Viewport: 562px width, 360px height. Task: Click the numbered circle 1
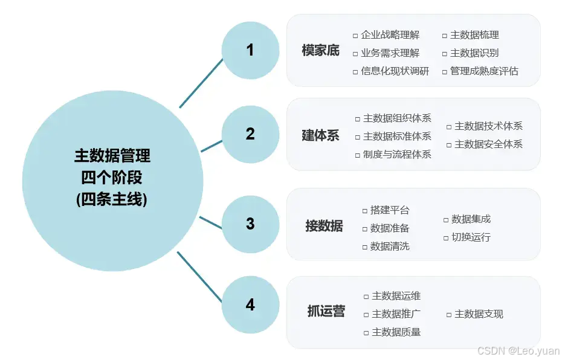250,50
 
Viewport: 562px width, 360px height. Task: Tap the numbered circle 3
250,224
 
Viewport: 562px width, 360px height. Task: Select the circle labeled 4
250,306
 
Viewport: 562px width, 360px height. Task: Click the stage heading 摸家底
321,51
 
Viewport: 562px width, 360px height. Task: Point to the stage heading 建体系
321,135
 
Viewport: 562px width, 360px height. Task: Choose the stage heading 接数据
324,226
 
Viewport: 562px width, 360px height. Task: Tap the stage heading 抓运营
326,312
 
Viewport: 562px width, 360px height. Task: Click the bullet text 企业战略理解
390,35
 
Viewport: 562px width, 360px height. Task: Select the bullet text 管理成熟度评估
484,71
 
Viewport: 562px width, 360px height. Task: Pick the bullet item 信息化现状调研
395,71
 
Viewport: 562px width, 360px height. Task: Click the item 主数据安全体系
488,144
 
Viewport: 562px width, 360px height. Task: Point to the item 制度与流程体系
397,154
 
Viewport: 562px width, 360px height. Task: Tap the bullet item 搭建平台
390,210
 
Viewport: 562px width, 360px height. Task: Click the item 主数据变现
479,314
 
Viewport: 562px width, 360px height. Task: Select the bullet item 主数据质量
396,332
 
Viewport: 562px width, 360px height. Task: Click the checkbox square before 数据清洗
365,246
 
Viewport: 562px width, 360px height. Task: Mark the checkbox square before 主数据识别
445,53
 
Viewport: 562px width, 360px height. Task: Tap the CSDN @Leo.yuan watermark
518,350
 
